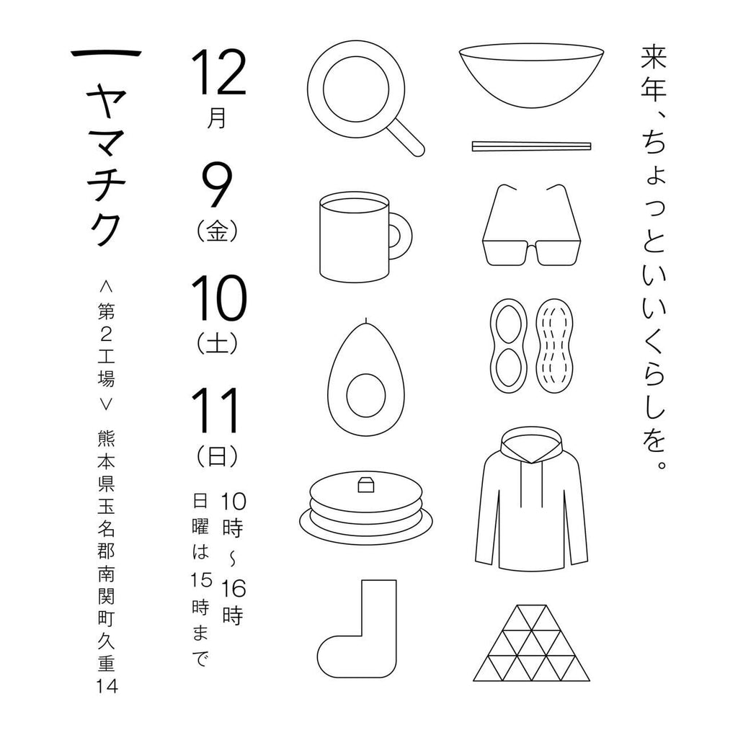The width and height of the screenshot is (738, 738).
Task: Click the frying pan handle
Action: [406, 137]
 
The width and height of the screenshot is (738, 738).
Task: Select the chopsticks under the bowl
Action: [531, 146]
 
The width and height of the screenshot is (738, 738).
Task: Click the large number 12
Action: [218, 74]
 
